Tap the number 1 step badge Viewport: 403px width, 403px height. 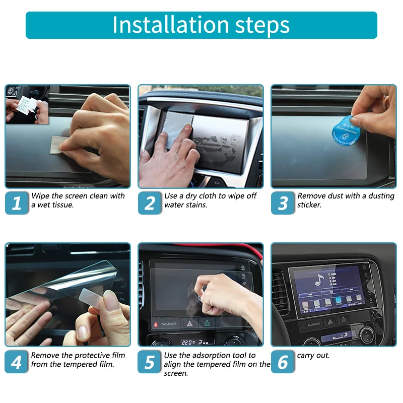tap(17, 203)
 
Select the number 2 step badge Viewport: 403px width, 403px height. tap(150, 203)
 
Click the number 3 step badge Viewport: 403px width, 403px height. tap(283, 203)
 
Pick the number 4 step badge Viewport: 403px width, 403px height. tap(17, 362)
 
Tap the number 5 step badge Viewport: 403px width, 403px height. tap(150, 362)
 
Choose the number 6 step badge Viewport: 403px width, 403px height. tap(283, 362)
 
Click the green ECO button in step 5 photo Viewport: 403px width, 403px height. tap(207, 323)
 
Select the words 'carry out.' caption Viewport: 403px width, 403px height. tap(313, 355)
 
